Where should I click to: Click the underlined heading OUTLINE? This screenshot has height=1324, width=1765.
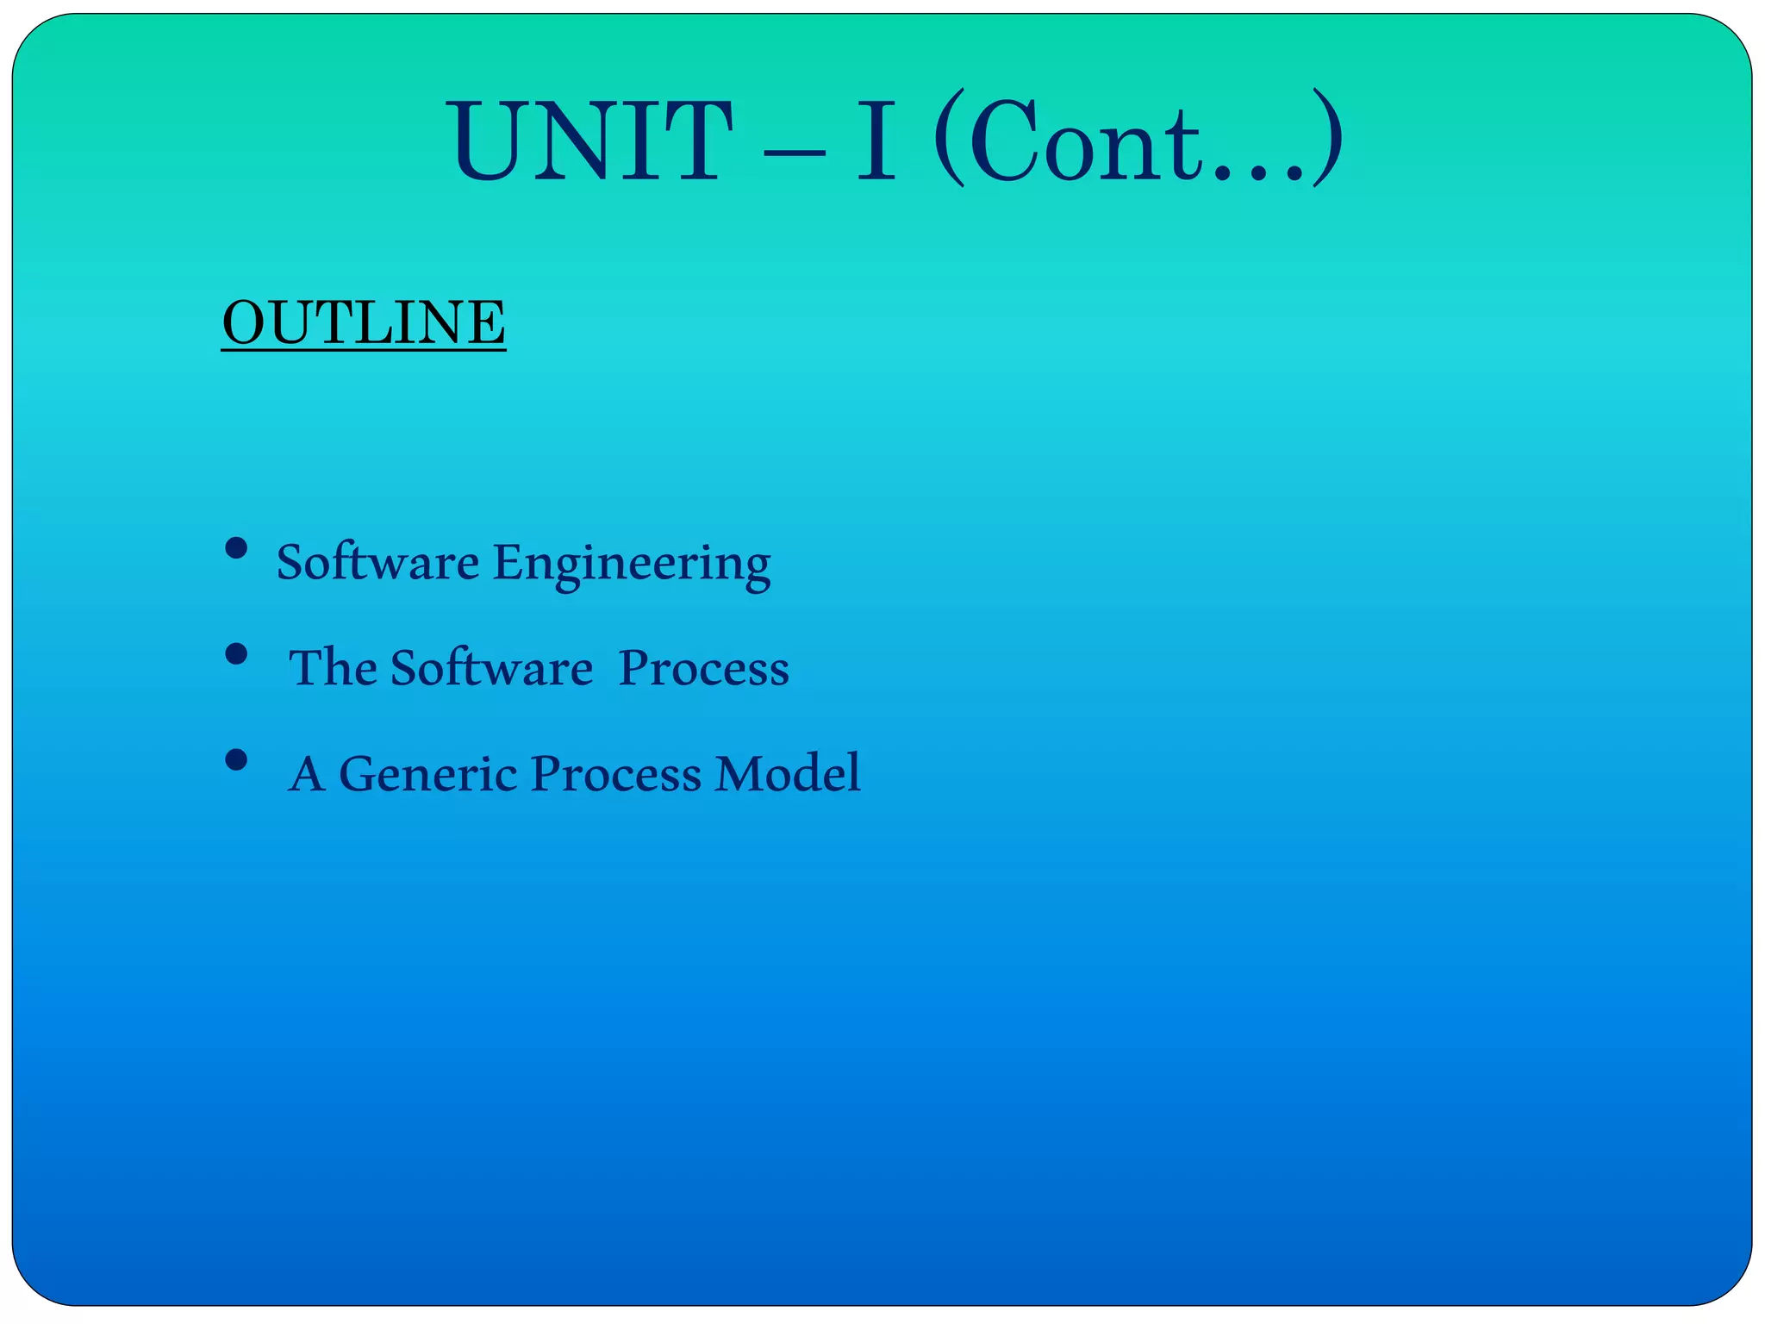[364, 322]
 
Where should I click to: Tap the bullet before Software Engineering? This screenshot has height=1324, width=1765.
[236, 549]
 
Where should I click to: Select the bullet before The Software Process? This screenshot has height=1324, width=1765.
[236, 654]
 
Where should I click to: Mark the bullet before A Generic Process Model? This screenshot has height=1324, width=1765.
[236, 759]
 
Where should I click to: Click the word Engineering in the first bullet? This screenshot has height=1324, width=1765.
[632, 565]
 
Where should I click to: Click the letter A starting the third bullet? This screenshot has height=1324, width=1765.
[308, 773]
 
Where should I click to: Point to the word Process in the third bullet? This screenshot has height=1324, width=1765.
[615, 773]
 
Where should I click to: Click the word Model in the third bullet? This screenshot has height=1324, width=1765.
[788, 773]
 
